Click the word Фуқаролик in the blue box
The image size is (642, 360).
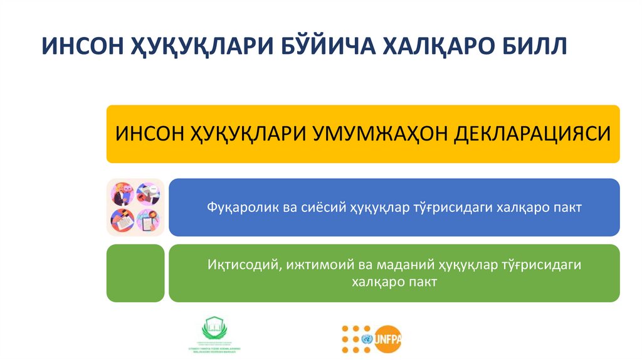(x=236, y=208)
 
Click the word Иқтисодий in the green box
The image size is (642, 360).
(x=243, y=265)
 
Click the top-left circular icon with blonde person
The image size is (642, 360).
(x=122, y=194)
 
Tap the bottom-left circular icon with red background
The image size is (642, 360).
(x=122, y=220)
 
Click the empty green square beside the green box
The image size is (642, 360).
(x=135, y=273)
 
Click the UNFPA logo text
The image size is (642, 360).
(x=389, y=339)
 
